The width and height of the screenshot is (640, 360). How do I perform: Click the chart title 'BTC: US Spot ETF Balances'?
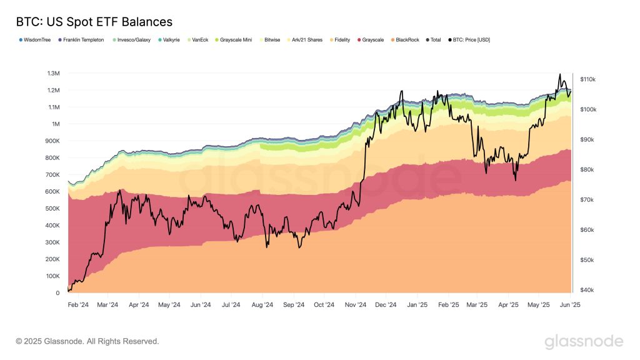pyautogui.click(x=94, y=22)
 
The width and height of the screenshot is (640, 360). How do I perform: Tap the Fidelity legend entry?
pyautogui.click(x=341, y=40)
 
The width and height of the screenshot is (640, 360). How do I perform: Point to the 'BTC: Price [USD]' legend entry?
pyautogui.click(x=469, y=40)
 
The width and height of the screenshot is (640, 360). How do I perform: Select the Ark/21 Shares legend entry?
pyautogui.click(x=306, y=40)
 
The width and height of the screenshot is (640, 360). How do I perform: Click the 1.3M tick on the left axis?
pyautogui.click(x=53, y=73)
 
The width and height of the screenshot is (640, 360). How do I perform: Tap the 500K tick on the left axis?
pyautogui.click(x=52, y=208)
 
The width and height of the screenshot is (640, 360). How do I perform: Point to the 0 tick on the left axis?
pyautogui.click(x=57, y=292)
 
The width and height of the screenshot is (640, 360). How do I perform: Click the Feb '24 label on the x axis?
pyautogui.click(x=78, y=306)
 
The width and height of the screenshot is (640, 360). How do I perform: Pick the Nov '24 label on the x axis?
pyautogui.click(x=355, y=306)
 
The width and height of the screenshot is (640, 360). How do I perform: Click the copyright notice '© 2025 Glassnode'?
pyautogui.click(x=87, y=341)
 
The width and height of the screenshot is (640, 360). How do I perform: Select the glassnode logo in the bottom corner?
pyautogui.click(x=583, y=341)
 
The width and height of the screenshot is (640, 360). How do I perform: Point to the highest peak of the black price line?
pyautogui.click(x=559, y=74)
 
